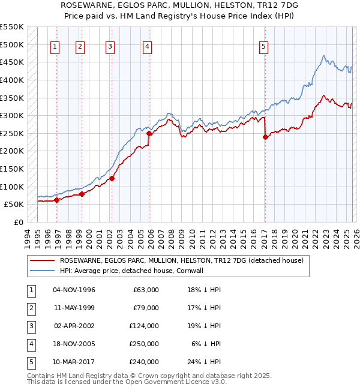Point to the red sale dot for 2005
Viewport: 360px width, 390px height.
(149, 134)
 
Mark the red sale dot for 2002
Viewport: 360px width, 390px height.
(112, 178)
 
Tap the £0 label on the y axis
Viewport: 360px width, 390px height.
(18, 222)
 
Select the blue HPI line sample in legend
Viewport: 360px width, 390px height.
(41, 271)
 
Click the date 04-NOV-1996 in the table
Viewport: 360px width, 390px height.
(74, 290)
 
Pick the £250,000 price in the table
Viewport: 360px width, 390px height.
(144, 344)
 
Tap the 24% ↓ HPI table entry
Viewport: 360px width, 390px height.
(204, 362)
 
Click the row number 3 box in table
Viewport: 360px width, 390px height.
(31, 326)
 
